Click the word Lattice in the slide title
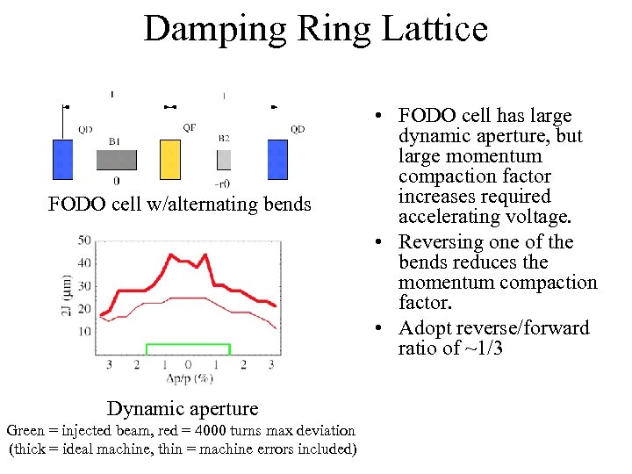pyautogui.click(x=430, y=29)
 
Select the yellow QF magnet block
pyautogui.click(x=170, y=159)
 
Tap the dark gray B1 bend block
pyautogui.click(x=116, y=160)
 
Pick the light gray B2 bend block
pyautogui.click(x=224, y=160)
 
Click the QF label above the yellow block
pyautogui.click(x=190, y=128)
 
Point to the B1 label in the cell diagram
pyautogui.click(x=115, y=140)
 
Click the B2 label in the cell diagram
pyautogui.click(x=224, y=139)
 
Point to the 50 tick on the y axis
pyautogui.click(x=84, y=239)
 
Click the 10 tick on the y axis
pyautogui.click(x=84, y=331)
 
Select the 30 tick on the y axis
pyautogui.click(x=84, y=285)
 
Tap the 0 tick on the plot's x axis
pyautogui.click(x=188, y=364)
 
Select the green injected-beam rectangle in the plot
pyautogui.click(x=188, y=348)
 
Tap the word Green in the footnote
pyautogui.click(x=25, y=430)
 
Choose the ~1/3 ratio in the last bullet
pyautogui.click(x=483, y=348)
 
